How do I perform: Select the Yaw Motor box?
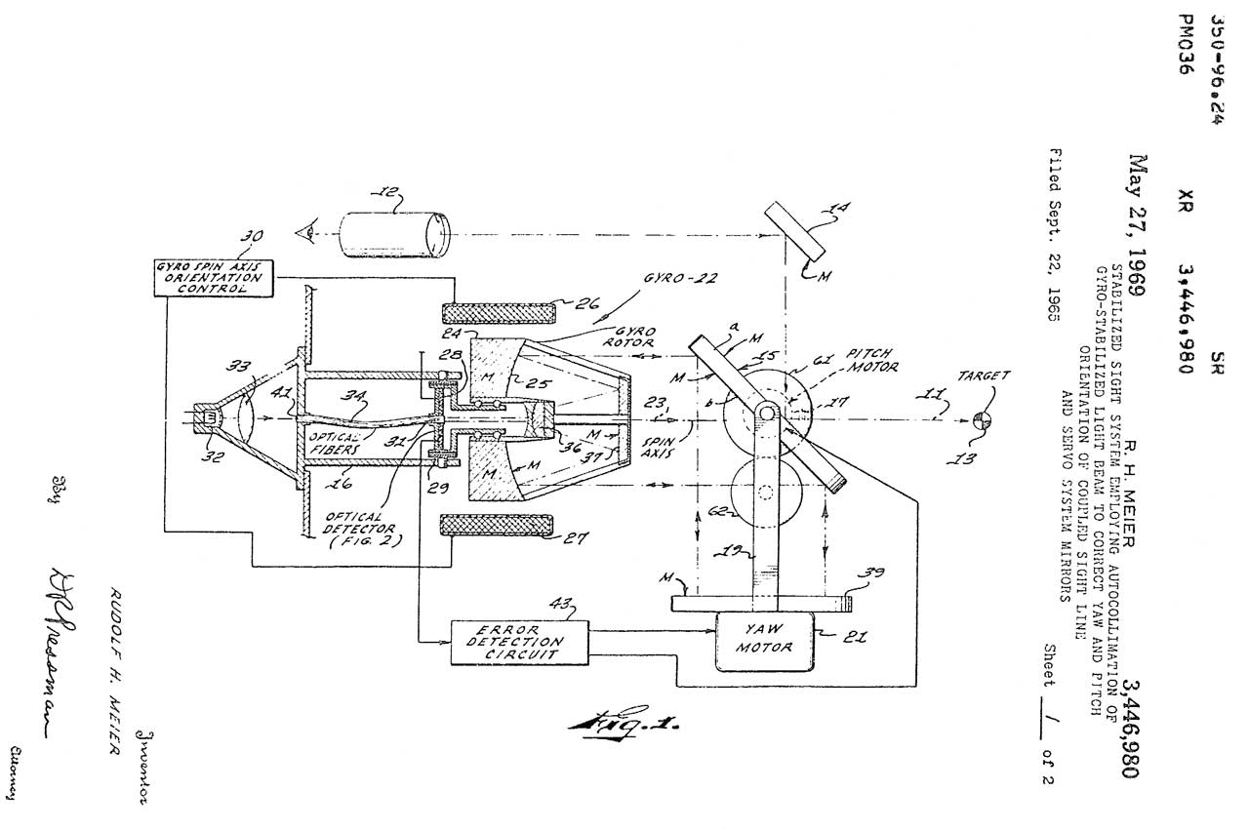click(764, 641)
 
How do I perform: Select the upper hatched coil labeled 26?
click(499, 313)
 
